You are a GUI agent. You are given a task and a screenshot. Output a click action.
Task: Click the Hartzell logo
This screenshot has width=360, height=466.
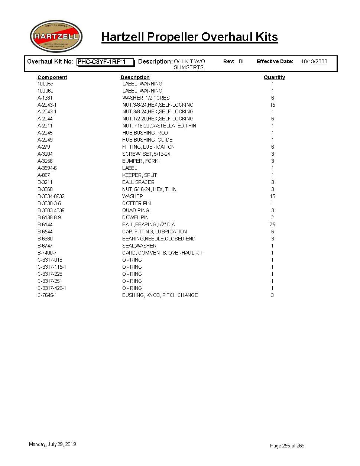(x=56, y=36)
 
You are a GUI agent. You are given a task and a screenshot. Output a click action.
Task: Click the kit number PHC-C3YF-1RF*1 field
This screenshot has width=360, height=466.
(x=105, y=62)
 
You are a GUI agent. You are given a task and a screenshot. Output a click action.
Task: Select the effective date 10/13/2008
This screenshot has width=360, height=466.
(x=314, y=61)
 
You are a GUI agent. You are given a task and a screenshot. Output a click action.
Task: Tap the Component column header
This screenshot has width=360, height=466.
(x=52, y=77)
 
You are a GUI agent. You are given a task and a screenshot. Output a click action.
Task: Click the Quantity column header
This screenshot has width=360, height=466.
(x=274, y=77)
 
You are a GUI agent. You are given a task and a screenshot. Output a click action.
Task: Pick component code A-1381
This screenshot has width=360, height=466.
(x=45, y=98)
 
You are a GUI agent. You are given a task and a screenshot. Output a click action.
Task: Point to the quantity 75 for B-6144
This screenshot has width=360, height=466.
(x=272, y=224)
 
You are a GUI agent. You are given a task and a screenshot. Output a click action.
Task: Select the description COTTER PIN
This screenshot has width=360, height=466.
(x=136, y=203)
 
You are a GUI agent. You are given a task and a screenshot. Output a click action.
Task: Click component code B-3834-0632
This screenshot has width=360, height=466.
(x=51, y=196)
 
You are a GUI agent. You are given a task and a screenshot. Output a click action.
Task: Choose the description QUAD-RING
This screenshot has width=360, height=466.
(x=136, y=210)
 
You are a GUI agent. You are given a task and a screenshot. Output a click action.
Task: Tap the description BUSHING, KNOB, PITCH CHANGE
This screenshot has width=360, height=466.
(x=160, y=295)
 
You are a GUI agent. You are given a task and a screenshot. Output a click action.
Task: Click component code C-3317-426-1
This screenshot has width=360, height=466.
(x=52, y=288)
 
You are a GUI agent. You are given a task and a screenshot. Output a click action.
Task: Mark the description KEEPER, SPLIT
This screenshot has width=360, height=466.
(x=139, y=175)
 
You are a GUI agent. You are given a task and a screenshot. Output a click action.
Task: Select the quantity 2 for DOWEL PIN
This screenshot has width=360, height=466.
(x=272, y=217)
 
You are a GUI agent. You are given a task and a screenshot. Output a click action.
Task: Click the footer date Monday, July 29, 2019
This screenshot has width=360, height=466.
(x=52, y=444)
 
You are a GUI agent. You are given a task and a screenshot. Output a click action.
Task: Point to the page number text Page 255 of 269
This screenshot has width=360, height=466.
(x=287, y=446)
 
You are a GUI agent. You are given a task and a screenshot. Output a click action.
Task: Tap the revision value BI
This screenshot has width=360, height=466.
(x=241, y=61)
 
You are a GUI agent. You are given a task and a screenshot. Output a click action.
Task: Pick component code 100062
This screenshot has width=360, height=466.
(x=45, y=91)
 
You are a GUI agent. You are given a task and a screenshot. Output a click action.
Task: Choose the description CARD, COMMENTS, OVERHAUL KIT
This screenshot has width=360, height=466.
(x=162, y=253)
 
